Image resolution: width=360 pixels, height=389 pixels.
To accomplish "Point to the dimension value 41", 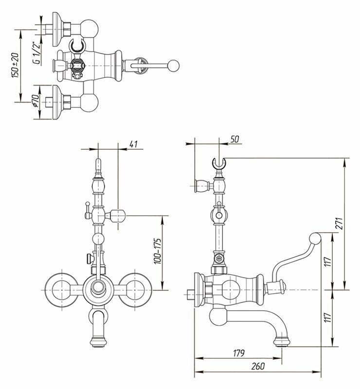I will (x=135, y=144).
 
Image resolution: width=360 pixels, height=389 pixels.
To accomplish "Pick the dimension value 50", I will (x=235, y=140).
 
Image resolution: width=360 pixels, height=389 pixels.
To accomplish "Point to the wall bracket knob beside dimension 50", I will (x=200, y=185).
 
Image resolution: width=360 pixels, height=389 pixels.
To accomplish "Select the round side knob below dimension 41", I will (x=119, y=214).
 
